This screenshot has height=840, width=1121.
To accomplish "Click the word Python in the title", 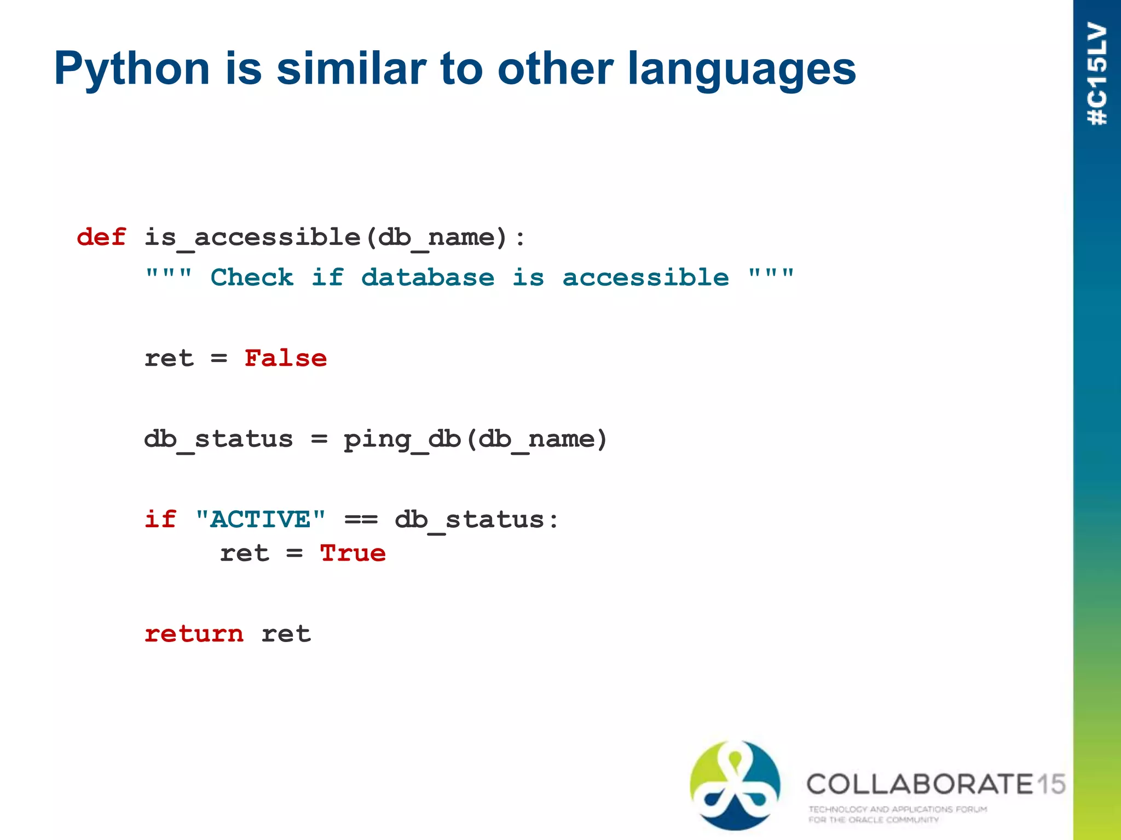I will coord(131,69).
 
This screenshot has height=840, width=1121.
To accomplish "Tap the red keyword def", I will coord(101,237).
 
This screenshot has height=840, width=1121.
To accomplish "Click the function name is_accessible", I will coord(252,237).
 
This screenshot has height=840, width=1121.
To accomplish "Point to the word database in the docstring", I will coord(427,277).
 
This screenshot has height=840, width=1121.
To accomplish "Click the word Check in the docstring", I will coord(252,277).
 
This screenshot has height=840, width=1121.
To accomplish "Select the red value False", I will coord(285,358).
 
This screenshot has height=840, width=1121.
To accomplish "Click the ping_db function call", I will coord(402,439).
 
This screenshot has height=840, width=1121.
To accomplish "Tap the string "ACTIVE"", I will coord(260,520).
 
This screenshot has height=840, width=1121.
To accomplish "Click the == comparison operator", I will coord(361,520).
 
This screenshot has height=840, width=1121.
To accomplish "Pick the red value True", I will coord(353,553).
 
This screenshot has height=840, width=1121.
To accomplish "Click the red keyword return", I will coord(194,634).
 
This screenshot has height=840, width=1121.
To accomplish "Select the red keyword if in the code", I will coord(160,520).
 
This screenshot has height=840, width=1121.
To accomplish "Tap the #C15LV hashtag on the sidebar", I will coord(1097,74).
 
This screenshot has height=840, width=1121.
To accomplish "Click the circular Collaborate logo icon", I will coord(735,785).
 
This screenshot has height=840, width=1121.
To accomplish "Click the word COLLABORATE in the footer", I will coord(920,784).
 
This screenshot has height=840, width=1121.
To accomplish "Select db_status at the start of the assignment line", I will coord(218,439).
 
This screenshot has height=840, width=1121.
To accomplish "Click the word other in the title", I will coord(555,69).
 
